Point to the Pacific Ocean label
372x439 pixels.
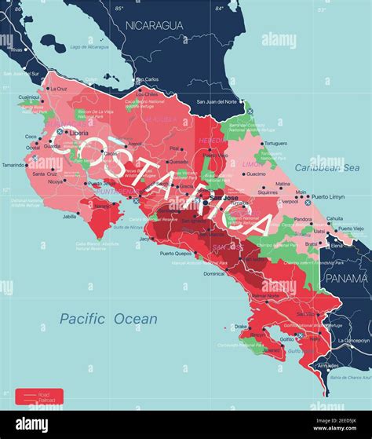108,319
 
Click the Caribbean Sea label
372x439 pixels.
326,167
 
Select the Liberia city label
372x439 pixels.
78,134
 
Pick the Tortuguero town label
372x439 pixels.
275,144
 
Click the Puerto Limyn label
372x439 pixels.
327,197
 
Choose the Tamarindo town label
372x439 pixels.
13,166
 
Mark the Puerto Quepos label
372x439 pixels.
177,254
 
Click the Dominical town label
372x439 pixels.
213,274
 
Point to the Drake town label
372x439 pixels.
240,326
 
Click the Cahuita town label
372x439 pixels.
335,218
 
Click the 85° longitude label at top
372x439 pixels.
119,8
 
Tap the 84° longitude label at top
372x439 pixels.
220,8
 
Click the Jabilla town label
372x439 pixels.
71,216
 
